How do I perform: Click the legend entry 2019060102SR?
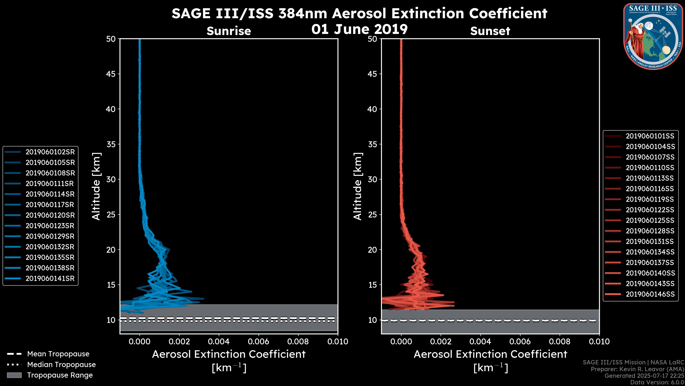click(x=50, y=152)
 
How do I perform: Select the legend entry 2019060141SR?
click(x=50, y=278)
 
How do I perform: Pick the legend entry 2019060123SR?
click(x=50, y=226)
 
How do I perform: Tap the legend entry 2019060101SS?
click(x=650, y=136)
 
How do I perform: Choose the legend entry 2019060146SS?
click(x=650, y=294)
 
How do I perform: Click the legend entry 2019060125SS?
click(x=650, y=220)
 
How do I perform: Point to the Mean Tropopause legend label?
click(x=58, y=354)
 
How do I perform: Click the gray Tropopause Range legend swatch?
click(x=14, y=375)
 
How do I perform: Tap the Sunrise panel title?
click(x=229, y=31)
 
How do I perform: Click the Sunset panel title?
click(x=490, y=31)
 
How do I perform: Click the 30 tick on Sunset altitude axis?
click(x=372, y=179)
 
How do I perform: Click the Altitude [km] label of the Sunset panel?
click(x=358, y=186)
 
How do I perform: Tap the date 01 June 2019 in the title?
click(x=359, y=29)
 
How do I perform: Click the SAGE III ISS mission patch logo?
click(x=653, y=36)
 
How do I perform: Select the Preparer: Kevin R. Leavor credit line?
click(x=637, y=369)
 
